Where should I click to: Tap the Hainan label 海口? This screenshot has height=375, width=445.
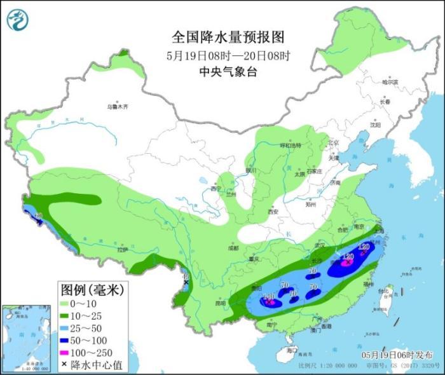click(292, 350)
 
